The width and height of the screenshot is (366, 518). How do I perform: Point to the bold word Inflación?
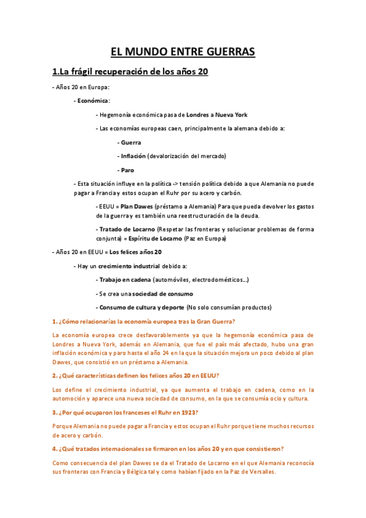pyautogui.click(x=133, y=156)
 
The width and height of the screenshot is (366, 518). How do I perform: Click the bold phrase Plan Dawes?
pyautogui.click(x=136, y=206)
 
